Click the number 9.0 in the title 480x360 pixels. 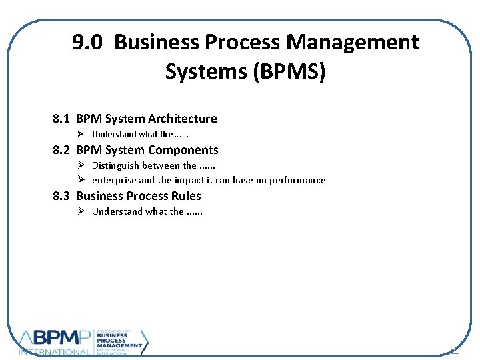pyautogui.click(x=87, y=43)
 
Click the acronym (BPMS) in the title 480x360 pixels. pyautogui.click(x=290, y=71)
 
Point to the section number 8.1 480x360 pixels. pyautogui.click(x=61, y=119)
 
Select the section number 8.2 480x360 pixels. pyautogui.click(x=61, y=150)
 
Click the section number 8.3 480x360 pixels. pyautogui.click(x=61, y=196)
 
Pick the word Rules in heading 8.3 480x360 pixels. pyautogui.click(x=187, y=196)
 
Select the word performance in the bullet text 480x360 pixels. pyautogui.click(x=297, y=180)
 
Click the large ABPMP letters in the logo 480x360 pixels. pyautogui.click(x=57, y=338)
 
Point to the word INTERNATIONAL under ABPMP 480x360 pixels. pyautogui.click(x=55, y=351)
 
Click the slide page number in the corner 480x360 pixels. pyautogui.click(x=455, y=351)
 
